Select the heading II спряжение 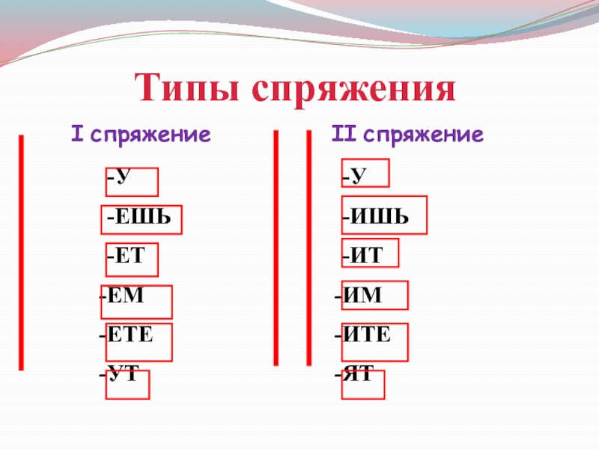[407, 135]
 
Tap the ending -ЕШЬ [139, 218]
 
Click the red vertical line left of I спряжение [22, 252]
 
